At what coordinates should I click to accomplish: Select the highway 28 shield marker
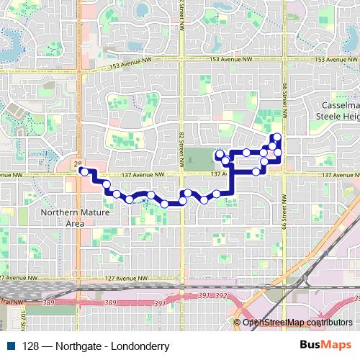pos(78,165)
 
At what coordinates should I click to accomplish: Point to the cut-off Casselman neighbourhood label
pos(338,104)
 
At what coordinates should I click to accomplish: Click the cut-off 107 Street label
pos(23,316)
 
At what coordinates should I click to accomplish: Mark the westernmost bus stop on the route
pos(83,171)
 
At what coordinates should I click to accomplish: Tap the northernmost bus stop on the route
pos(276,137)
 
